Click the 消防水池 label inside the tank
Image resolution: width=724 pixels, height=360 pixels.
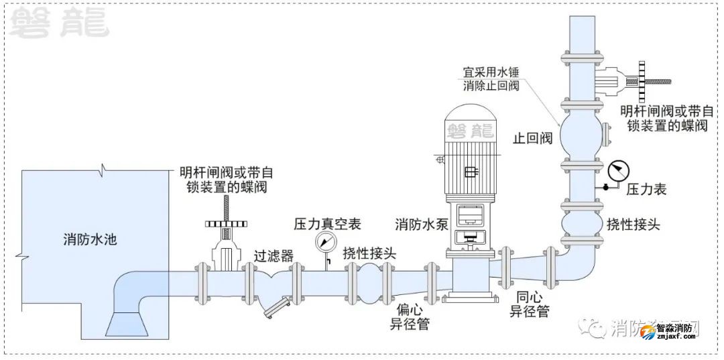pyautogui.click(x=90, y=239)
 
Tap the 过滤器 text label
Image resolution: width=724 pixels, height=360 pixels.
pyautogui.click(x=274, y=255)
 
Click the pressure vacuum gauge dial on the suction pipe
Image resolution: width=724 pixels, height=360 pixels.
pyautogui.click(x=326, y=242)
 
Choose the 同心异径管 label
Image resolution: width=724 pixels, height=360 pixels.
pyautogui.click(x=530, y=304)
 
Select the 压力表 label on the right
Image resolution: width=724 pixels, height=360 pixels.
pyautogui.click(x=646, y=190)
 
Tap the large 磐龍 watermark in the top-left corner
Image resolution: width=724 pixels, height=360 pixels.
pyautogui.click(x=59, y=23)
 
